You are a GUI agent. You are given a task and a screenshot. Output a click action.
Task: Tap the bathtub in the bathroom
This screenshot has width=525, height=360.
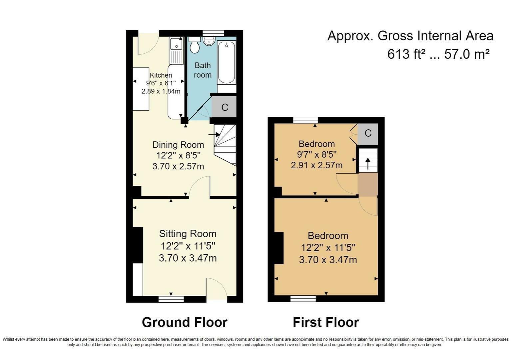pos(227,62)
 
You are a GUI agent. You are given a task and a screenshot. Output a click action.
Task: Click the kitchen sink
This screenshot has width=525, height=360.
pos(176,44)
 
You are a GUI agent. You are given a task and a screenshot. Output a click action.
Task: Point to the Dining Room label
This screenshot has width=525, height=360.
pos(178,145)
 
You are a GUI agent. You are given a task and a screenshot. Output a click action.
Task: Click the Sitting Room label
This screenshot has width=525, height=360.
pos(188,234)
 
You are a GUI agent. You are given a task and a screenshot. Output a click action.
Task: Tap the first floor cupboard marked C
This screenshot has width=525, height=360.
pos(368,133)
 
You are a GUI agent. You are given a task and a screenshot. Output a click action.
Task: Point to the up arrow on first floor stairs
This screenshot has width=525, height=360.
pos(368,164)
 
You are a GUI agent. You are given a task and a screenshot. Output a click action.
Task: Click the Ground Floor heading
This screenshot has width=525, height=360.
pos(185,322)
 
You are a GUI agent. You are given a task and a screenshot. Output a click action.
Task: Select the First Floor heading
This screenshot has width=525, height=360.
pos(325,322)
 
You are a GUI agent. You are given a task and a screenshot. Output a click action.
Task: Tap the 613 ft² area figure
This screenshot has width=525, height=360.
pos(404,54)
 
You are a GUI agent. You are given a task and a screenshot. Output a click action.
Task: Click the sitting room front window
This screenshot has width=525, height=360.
pos(171,299)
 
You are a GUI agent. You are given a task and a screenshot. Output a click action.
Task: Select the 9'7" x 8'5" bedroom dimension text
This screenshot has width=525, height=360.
pos(316,155)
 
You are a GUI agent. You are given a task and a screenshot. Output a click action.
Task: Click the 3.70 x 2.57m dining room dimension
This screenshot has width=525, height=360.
pos(178,166)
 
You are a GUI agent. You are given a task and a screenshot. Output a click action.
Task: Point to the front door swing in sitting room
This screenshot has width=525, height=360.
pos(217,288)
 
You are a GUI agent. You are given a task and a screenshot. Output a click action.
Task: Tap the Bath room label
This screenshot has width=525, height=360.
pos(203,70)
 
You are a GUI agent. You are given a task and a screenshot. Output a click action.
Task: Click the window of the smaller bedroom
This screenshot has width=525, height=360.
pos(305,120)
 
